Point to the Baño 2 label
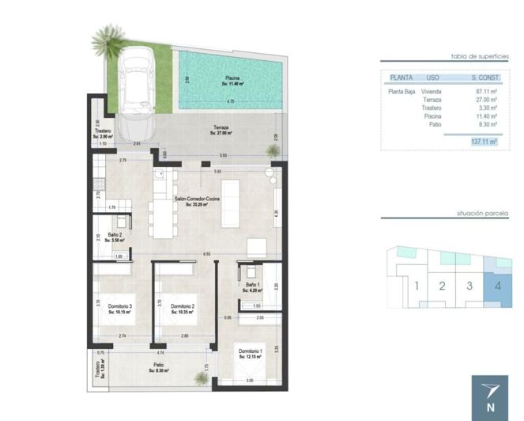click(105, 234)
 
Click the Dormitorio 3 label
click(120, 309)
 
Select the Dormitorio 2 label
click(183, 309)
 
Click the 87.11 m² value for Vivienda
click(484, 92)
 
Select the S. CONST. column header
click(484, 78)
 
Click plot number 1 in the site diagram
click(416, 286)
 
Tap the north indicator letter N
click(491, 408)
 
